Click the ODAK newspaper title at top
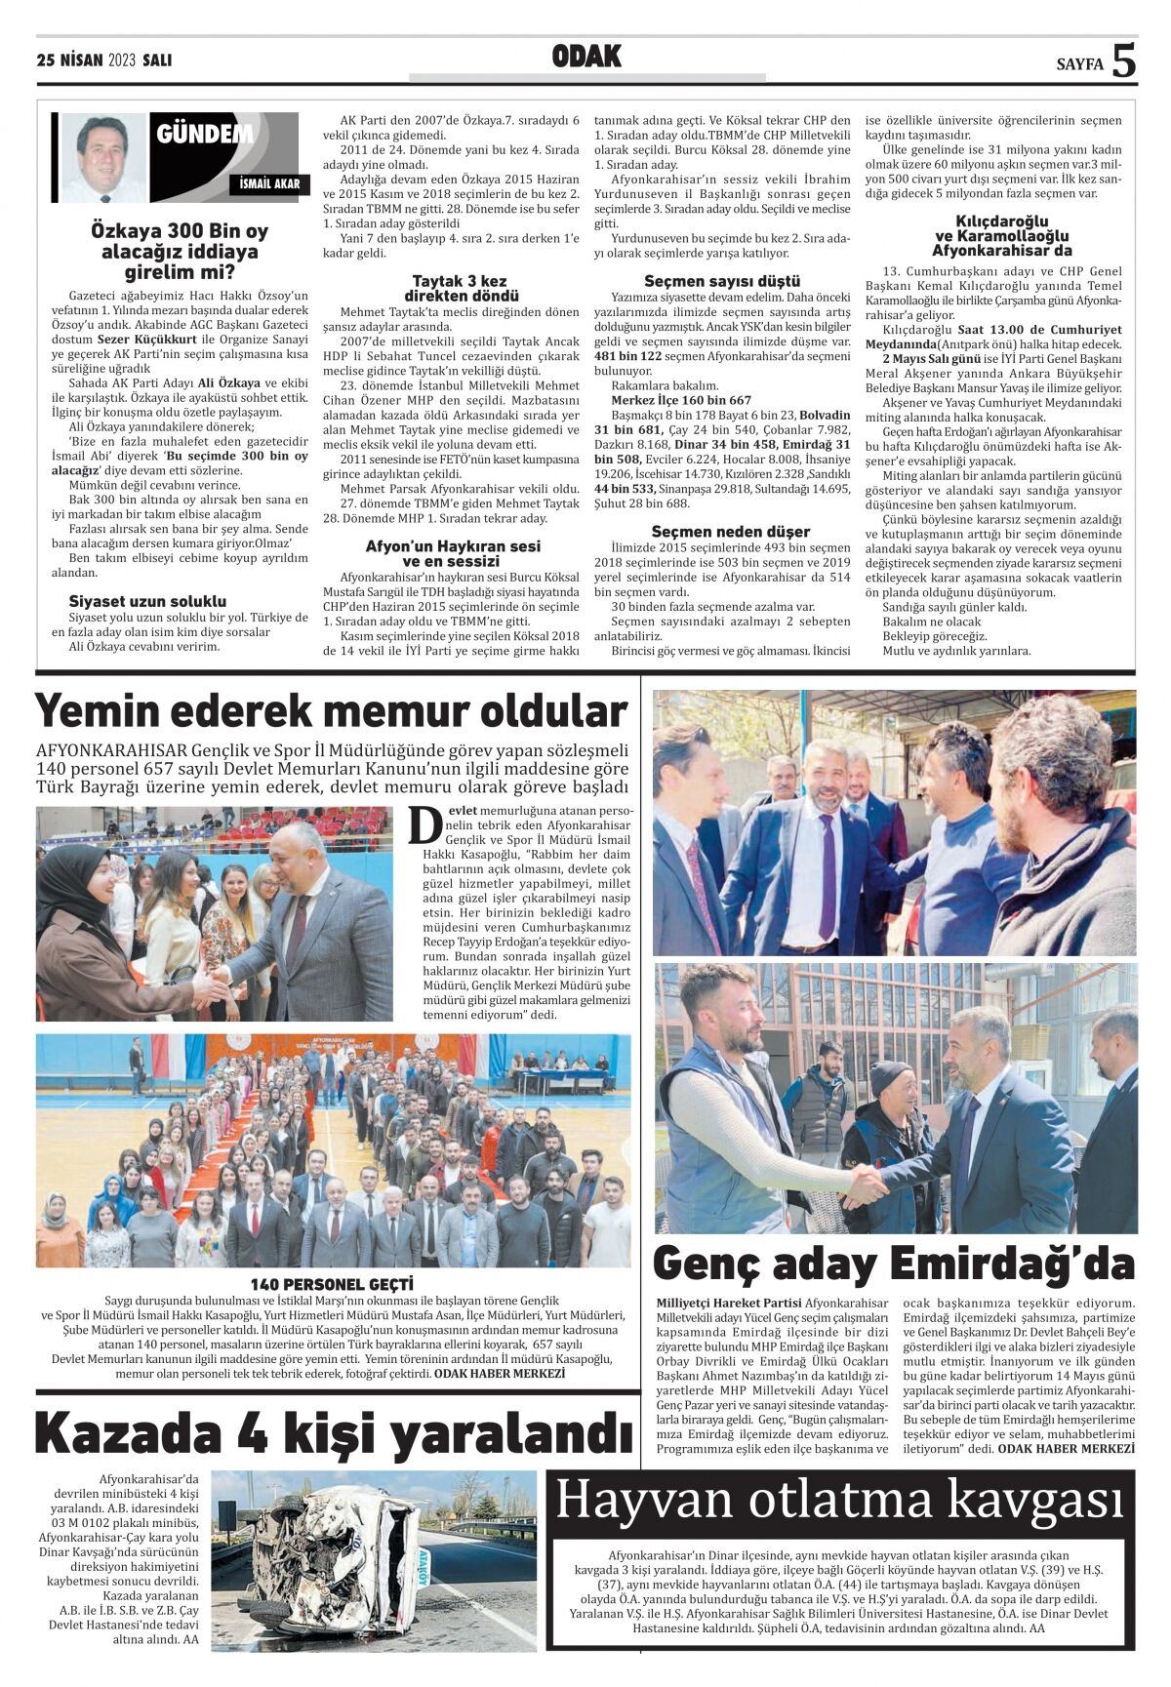pos(586,58)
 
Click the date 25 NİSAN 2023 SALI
pos(103,60)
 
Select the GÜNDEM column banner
pos(205,134)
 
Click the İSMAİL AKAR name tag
pos(269,183)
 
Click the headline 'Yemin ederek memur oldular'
pos(331,711)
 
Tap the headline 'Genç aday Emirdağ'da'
pos(893,1263)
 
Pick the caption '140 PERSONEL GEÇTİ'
pos(332,1284)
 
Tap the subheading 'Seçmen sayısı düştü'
pos(722,281)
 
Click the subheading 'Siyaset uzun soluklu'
pos(147,601)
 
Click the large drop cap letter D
pos(425,825)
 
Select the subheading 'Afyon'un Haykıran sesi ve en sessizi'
pos(453,553)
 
